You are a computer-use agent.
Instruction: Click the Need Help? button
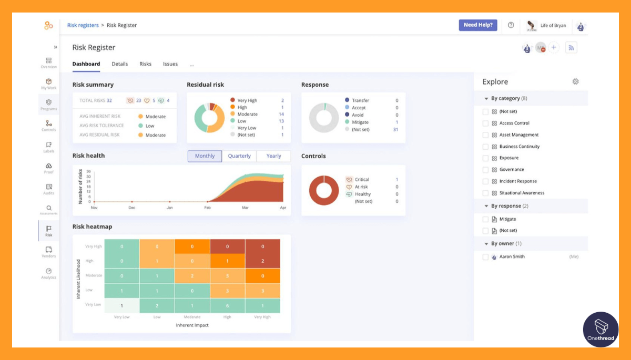tap(477, 25)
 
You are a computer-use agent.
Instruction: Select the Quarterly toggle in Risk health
tap(239, 156)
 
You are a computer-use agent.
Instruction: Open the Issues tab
tap(170, 64)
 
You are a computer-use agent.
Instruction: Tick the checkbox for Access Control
tap(485, 124)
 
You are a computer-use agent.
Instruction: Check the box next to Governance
tap(485, 170)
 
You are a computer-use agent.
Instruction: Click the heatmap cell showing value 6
tap(227, 306)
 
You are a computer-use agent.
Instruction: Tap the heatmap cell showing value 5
tap(227, 276)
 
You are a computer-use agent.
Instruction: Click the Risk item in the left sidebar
tap(48, 231)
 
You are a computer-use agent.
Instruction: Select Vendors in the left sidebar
tap(48, 252)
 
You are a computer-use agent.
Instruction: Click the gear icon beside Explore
tap(575, 81)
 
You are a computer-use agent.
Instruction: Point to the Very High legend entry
tap(247, 100)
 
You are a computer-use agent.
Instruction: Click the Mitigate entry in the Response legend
tap(360, 122)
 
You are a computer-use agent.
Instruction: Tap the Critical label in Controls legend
tap(362, 180)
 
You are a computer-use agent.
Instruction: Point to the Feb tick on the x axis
tap(207, 208)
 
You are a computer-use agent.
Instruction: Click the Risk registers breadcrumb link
tap(83, 25)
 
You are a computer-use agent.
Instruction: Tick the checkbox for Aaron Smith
tap(485, 257)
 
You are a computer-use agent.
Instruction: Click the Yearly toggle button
tap(273, 156)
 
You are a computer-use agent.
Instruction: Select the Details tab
tap(119, 64)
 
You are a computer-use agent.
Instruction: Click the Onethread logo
tap(601, 329)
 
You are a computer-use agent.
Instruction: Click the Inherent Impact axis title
tap(192, 325)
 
